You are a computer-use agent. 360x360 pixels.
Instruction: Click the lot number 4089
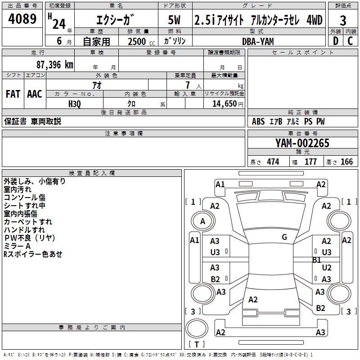click(x=23, y=20)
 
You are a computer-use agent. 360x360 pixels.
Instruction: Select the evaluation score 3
click(x=343, y=20)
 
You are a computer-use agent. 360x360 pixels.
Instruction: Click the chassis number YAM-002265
click(x=302, y=143)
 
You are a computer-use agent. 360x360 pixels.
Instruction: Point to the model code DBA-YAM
click(x=257, y=41)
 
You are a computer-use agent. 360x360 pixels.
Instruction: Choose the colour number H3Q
click(x=75, y=103)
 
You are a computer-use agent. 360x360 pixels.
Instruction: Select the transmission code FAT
click(x=13, y=94)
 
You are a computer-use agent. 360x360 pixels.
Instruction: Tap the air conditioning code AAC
click(x=35, y=94)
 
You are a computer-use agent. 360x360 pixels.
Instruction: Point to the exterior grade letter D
click(x=335, y=41)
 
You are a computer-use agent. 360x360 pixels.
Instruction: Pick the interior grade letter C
click(x=351, y=41)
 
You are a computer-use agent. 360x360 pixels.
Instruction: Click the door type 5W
click(x=175, y=20)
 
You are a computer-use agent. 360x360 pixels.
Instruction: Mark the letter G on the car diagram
click(x=284, y=237)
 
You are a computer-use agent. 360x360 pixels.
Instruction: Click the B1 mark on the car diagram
click(x=317, y=260)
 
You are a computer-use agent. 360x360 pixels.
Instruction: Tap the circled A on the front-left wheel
click(x=202, y=221)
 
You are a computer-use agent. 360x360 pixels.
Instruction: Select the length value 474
click(x=273, y=162)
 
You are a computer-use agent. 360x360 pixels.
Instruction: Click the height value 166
click(x=346, y=162)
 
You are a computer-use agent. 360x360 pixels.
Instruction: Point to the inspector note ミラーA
click(x=17, y=246)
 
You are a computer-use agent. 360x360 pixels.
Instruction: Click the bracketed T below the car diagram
click(x=198, y=345)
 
